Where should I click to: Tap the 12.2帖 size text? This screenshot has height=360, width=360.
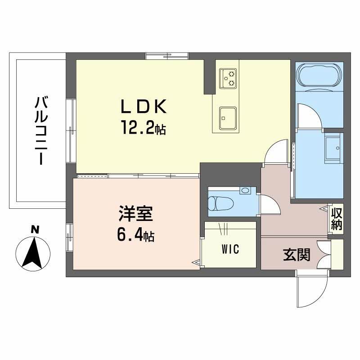pyautogui.click(x=142, y=130)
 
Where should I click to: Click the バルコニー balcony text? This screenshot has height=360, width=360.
pyautogui.click(x=41, y=130)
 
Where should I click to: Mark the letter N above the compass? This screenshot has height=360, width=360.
pyautogui.click(x=33, y=230)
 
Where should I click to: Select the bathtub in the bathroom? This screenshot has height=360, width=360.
pyautogui.click(x=319, y=74)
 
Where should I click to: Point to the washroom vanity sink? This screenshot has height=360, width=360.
pyautogui.click(x=334, y=146)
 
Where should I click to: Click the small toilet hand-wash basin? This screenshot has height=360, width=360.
pyautogui.click(x=245, y=191)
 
